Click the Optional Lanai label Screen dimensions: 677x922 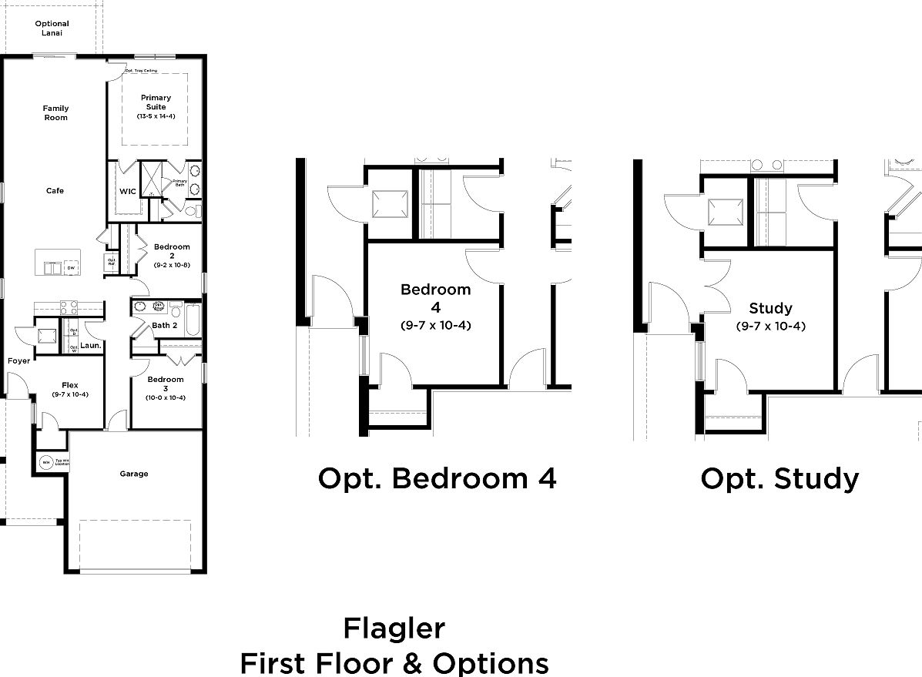[x=52, y=28]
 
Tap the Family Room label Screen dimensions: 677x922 [x=55, y=113]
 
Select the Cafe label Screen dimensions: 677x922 [x=55, y=191]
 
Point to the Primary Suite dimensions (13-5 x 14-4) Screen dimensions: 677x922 [x=156, y=116]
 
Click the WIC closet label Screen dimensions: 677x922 [x=127, y=191]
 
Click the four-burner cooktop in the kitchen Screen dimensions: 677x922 [x=69, y=306]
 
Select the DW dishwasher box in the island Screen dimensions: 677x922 [x=70, y=267]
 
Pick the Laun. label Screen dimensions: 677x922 [x=91, y=346]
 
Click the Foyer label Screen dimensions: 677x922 [x=19, y=360]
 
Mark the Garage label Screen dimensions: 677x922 [x=134, y=474]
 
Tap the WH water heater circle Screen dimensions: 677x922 [x=46, y=463]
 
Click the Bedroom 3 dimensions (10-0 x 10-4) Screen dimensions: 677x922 [x=166, y=397]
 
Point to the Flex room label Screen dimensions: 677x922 [x=70, y=385]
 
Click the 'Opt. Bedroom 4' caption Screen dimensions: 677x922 [x=437, y=478]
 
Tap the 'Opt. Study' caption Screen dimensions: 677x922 [x=780, y=478]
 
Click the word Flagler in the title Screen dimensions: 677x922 [x=394, y=628]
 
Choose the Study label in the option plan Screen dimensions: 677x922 [x=770, y=308]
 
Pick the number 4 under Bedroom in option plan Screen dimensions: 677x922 [x=435, y=307]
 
